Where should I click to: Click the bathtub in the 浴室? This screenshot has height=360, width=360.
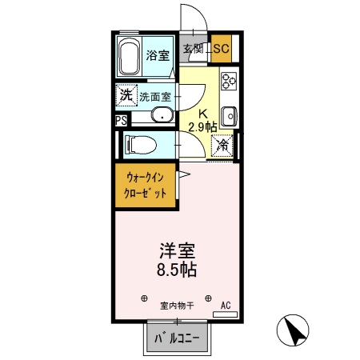pyautogui.click(x=129, y=57)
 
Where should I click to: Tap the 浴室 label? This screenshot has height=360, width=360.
pyautogui.click(x=158, y=55)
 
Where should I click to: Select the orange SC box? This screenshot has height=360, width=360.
pyautogui.click(x=221, y=50)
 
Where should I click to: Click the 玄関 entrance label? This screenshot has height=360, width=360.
pyautogui.click(x=193, y=50)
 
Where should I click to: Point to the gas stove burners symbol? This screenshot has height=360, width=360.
pyautogui.click(x=230, y=81)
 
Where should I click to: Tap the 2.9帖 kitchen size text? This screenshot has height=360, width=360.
pyautogui.click(x=202, y=126)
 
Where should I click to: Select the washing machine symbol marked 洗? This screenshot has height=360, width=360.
pyautogui.click(x=125, y=94)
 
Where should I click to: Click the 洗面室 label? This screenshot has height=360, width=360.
pyautogui.click(x=154, y=96)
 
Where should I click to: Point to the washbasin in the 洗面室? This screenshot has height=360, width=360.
pyautogui.click(x=162, y=114)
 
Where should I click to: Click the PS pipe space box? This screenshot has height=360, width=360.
pyautogui.click(x=121, y=122)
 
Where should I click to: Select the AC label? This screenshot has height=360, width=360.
pyautogui.click(x=226, y=305)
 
